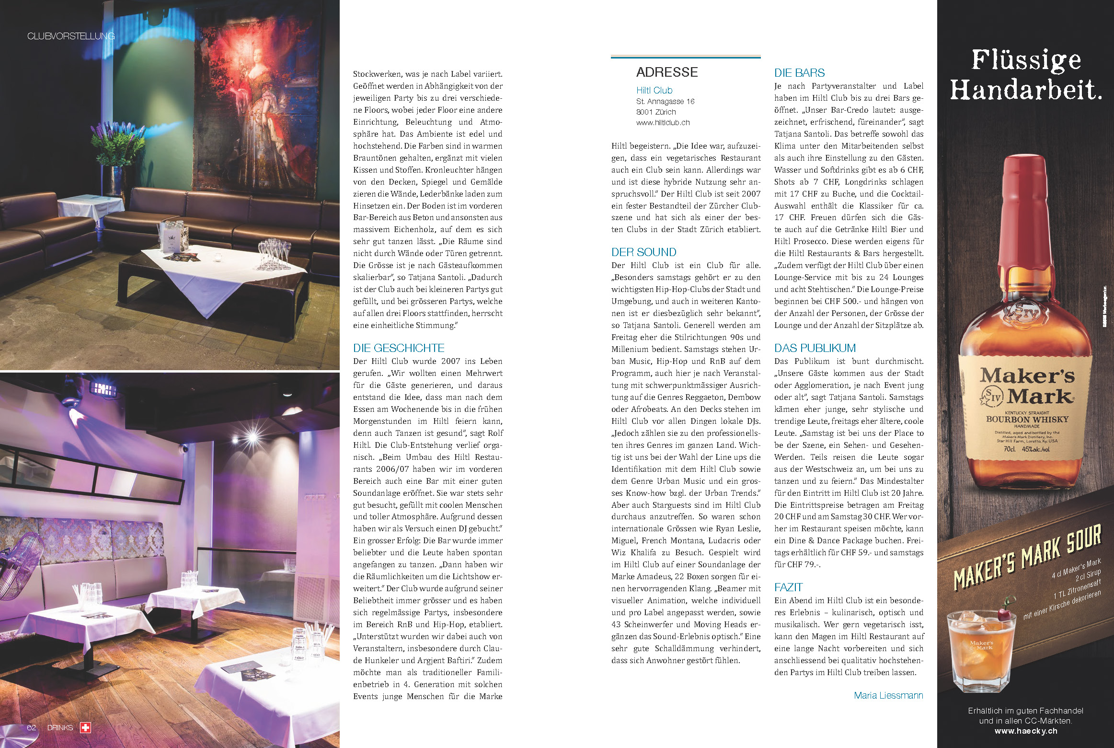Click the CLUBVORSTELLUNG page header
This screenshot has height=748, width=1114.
[x=71, y=36]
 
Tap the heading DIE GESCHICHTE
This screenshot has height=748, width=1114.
[x=399, y=348]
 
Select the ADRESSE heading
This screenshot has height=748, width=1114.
[x=666, y=72]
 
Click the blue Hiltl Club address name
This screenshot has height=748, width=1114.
[x=654, y=90]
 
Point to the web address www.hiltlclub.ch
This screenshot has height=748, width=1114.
[x=663, y=123]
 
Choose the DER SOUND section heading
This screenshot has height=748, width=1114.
[x=643, y=252]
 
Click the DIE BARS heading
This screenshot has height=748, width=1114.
[x=799, y=73]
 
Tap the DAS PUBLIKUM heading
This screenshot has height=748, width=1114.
[x=815, y=348]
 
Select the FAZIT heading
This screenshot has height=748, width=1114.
[x=788, y=587]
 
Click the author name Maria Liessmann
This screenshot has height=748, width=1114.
[x=888, y=695]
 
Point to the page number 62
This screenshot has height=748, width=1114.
[x=32, y=727]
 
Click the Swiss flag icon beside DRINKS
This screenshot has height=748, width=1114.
[x=85, y=727]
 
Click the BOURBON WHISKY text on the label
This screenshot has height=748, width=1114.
[x=1027, y=419]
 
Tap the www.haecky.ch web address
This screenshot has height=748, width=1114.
[x=1025, y=731]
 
